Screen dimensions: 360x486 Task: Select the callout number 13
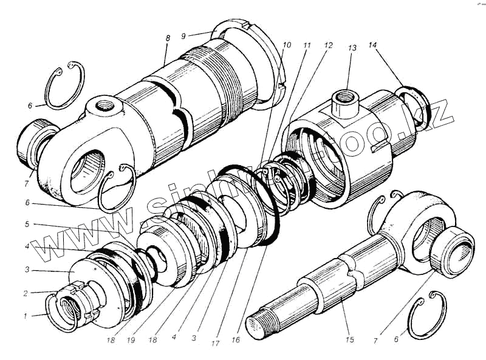pyautogui.click(x=351, y=48)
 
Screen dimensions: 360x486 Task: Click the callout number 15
pyautogui.click(x=349, y=340)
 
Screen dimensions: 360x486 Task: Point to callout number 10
pyautogui.click(x=287, y=45)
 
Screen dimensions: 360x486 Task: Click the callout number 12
pyautogui.click(x=329, y=46)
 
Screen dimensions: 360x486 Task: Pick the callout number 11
pyautogui.click(x=307, y=45)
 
